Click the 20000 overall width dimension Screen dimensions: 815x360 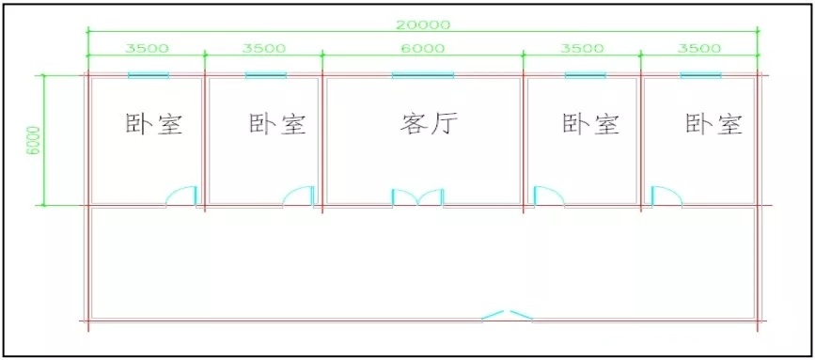point(422,23)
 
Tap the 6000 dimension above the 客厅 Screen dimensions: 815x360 point(423,48)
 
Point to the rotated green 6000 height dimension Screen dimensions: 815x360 point(33,140)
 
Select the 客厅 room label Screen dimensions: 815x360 point(430,125)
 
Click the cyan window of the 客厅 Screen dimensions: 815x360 point(423,75)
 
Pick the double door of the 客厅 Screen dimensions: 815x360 point(417,197)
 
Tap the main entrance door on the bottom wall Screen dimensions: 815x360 point(507,315)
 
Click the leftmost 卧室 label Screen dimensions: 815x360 point(154,125)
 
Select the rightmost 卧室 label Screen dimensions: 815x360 point(714,125)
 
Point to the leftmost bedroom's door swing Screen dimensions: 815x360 point(181,196)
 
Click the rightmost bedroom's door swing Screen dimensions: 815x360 point(666,196)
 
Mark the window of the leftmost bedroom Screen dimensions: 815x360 point(149,75)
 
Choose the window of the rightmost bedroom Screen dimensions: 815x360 point(700,75)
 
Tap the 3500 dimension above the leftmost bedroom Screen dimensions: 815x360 point(147,48)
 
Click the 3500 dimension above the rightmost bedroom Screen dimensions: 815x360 point(699,48)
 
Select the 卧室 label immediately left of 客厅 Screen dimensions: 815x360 point(277,125)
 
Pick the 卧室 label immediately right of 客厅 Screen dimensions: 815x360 point(591,125)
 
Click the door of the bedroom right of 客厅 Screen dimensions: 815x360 point(549,196)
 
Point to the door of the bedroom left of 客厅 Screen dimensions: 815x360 point(299,196)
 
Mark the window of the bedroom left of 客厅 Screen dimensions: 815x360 point(266,75)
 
